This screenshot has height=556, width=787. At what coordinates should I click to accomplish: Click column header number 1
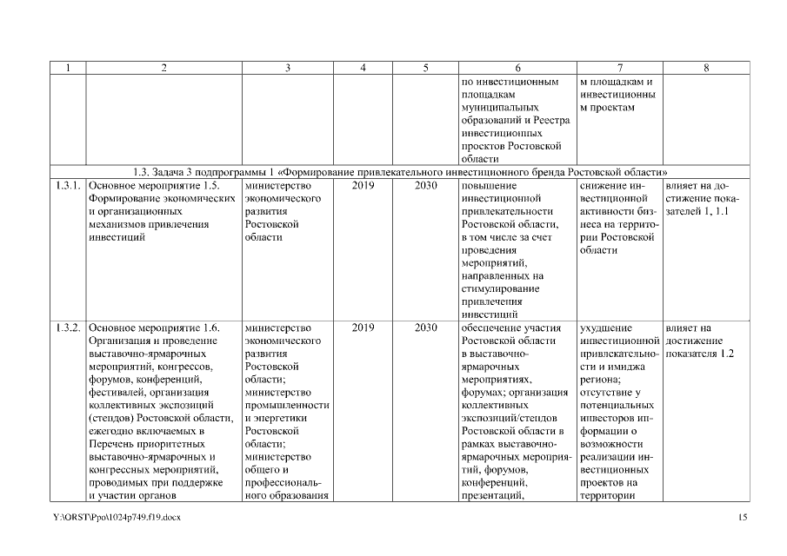[x=68, y=69]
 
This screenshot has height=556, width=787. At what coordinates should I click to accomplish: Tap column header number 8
[x=705, y=69]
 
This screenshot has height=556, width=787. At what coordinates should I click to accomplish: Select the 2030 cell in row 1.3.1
[x=426, y=185]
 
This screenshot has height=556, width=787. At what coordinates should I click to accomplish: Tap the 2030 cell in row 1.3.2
[x=426, y=328]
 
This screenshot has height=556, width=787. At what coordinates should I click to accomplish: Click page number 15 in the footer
[x=742, y=518]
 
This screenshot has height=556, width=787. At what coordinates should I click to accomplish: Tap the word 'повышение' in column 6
[x=490, y=185]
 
